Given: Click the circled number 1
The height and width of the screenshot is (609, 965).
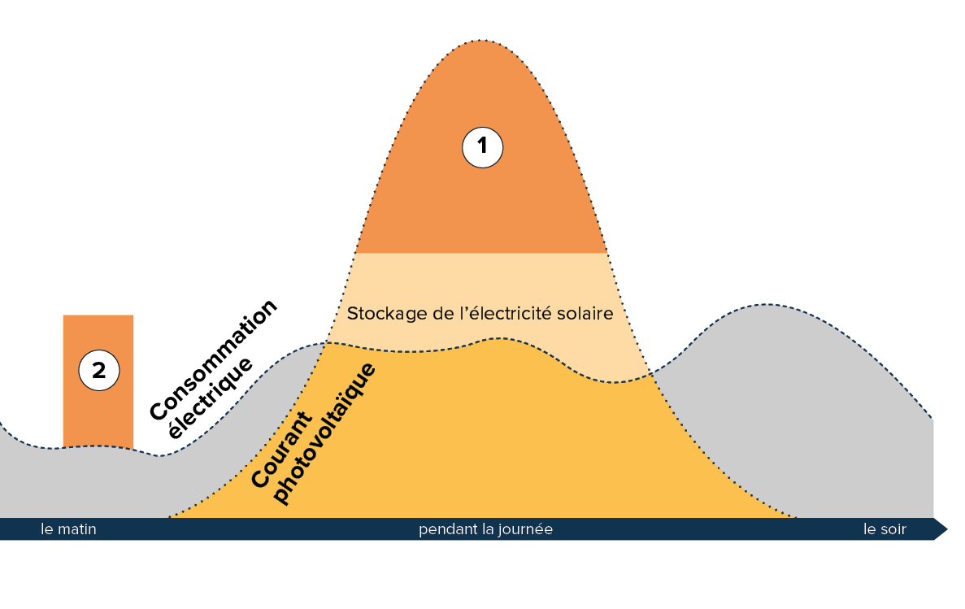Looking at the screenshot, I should coord(483,147).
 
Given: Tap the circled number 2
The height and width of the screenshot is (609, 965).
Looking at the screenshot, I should coord(99,371).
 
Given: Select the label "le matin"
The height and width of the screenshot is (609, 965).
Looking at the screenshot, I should coord(68,529).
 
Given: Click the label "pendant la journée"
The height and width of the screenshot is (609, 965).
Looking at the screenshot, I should coord(485,529).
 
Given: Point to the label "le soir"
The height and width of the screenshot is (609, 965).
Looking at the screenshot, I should coord(885,529).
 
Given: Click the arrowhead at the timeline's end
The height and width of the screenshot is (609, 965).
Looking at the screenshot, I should coord(941,529).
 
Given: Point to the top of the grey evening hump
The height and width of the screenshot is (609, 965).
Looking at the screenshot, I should coord(764,307).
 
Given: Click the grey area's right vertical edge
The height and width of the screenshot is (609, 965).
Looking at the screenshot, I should coord(933,468).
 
